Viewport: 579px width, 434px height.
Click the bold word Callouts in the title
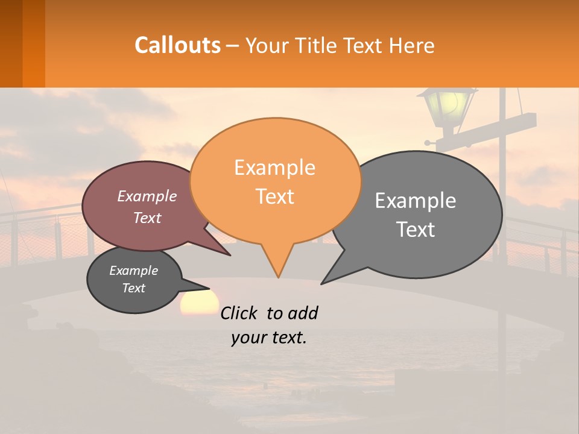(177, 45)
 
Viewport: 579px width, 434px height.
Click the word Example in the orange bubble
(274, 168)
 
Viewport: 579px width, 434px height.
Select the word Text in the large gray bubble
(416, 230)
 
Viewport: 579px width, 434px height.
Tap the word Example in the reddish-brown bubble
(147, 197)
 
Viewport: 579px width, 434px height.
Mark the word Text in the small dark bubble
(134, 288)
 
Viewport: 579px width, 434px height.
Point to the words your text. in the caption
(268, 338)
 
